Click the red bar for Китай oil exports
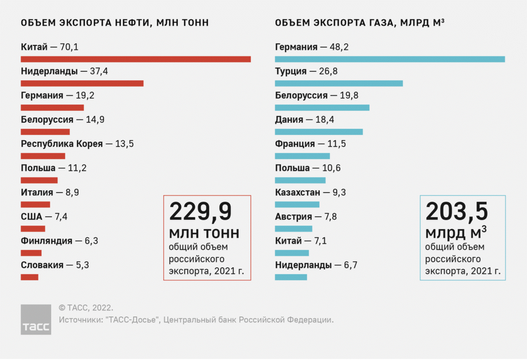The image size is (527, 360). click(x=136, y=59)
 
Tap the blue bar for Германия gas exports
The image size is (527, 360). click(x=390, y=59)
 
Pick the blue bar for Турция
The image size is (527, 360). click(x=339, y=84)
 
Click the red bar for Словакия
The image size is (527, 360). click(x=29, y=277)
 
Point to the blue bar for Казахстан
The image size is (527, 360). click(x=297, y=204)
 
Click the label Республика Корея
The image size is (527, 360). click(x=62, y=144)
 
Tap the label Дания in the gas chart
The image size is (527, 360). click(x=289, y=120)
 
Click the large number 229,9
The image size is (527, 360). click(x=200, y=212)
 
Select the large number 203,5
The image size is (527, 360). click(x=457, y=212)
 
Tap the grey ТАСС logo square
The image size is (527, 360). click(x=36, y=319)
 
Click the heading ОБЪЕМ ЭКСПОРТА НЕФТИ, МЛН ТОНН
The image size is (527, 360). click(x=115, y=23)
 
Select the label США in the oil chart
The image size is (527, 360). click(x=32, y=216)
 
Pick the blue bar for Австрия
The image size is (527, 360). click(x=293, y=229)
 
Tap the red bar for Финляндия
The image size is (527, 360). click(x=31, y=253)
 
